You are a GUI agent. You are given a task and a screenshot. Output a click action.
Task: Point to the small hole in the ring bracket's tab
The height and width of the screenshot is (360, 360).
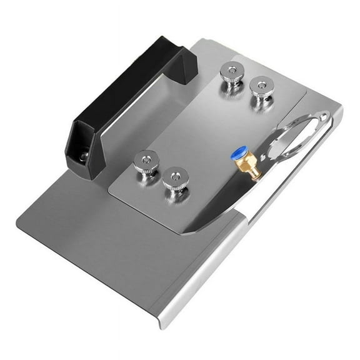tap(322, 117)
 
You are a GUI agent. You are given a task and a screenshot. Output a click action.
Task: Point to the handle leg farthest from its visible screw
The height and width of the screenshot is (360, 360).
tap(185, 59)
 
